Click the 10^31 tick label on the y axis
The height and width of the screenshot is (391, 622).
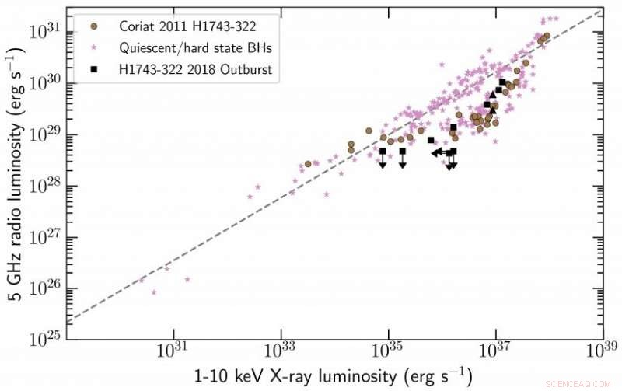pos(47,31)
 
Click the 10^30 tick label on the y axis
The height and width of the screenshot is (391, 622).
pos(47,82)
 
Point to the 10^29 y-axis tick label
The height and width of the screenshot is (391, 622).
pos(47,134)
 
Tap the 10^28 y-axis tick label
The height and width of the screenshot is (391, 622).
pos(47,185)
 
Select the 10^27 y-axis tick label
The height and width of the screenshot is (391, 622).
pos(47,237)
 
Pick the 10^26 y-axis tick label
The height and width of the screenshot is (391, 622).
pos(47,288)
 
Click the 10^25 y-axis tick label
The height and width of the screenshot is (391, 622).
pos(47,340)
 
